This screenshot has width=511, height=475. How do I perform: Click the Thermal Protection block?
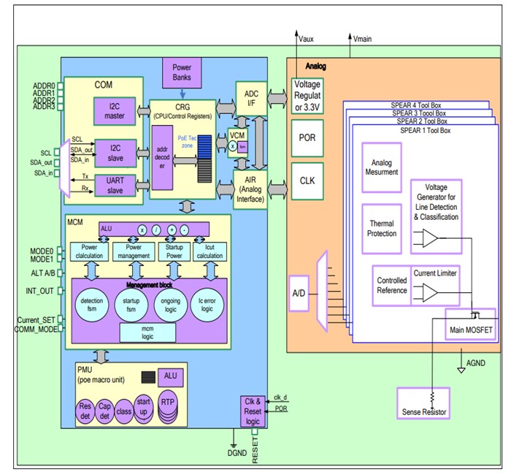[x=382, y=229]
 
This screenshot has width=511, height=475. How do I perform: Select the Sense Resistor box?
[x=423, y=403]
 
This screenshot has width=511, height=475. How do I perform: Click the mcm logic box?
[x=147, y=333]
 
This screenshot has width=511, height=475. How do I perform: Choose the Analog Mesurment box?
[x=382, y=167]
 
